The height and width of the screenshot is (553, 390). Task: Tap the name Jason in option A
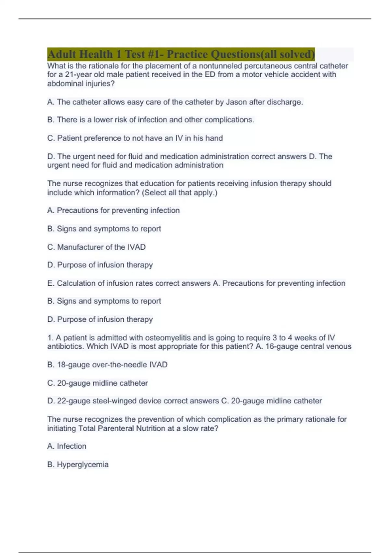point(237,102)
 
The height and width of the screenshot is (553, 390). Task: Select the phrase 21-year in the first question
point(78,74)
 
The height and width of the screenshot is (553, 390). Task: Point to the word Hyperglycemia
point(83,464)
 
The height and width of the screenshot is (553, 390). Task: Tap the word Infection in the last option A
point(71,446)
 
